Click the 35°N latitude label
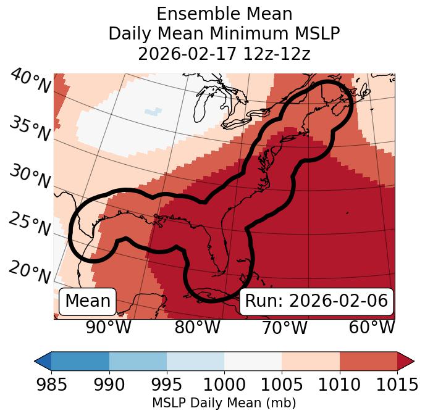click(x=30, y=128)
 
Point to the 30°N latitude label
click(x=30, y=177)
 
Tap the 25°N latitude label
click(x=30, y=225)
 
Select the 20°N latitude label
click(x=30, y=272)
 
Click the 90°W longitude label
click(x=109, y=327)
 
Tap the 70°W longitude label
click(x=284, y=327)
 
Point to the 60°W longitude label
click(x=371, y=327)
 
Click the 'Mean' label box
click(x=88, y=301)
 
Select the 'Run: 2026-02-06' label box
click(x=316, y=301)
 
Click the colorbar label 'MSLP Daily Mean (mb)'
click(x=224, y=403)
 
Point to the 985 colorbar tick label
click(x=51, y=385)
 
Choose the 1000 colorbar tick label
click(x=224, y=385)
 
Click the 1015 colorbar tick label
click(x=397, y=385)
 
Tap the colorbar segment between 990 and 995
click(x=138, y=360)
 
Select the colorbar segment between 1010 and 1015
click(x=368, y=360)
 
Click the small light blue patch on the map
click(x=152, y=112)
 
